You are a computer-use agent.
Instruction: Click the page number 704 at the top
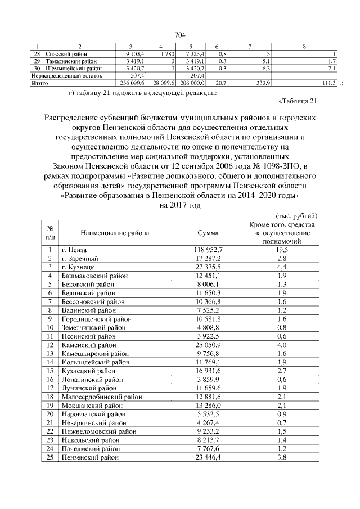click(180, 35)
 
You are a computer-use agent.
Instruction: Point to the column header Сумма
click(208, 233)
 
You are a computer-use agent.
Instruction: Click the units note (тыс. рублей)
click(297, 215)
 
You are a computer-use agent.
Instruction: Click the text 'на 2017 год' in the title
click(180, 206)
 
